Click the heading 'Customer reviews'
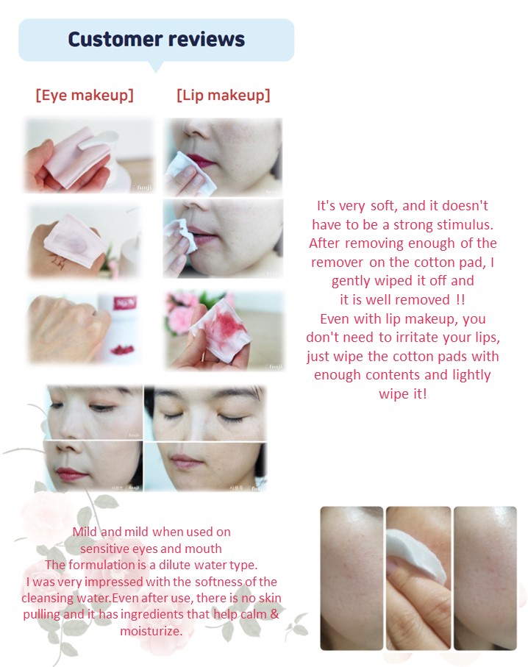[156, 39]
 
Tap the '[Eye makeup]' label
[85, 95]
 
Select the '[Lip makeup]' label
[224, 95]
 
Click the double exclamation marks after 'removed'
[460, 299]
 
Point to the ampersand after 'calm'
[274, 614]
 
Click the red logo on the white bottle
[119, 303]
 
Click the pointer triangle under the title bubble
[156, 67]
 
